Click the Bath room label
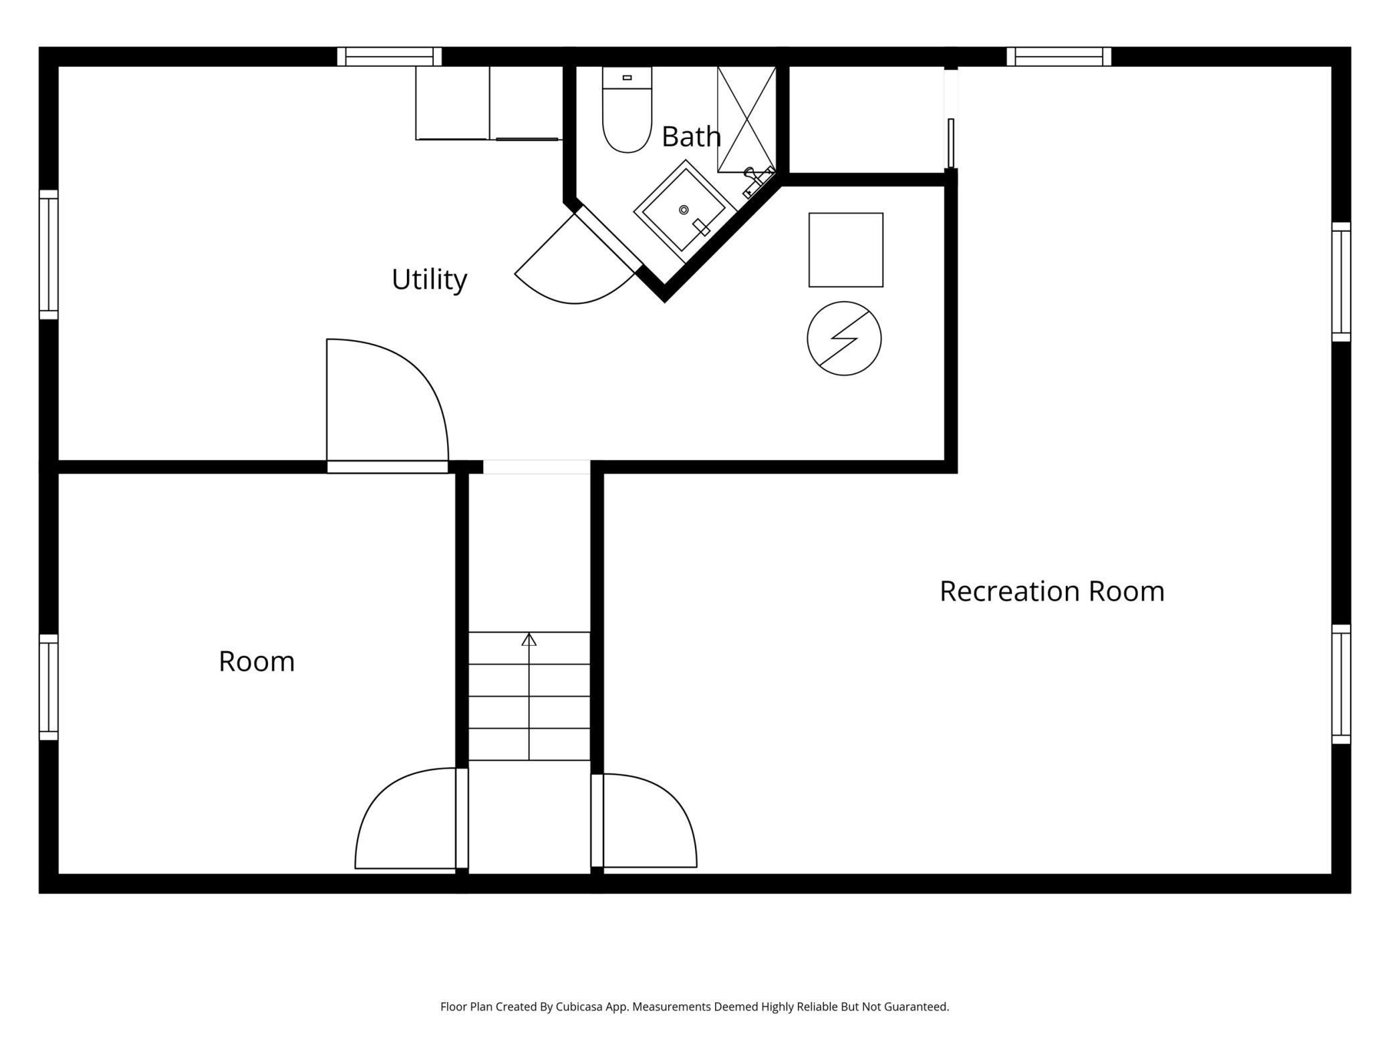(691, 136)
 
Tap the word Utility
(429, 279)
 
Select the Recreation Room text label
(1052, 591)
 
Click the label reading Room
(257, 661)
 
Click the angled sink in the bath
(685, 210)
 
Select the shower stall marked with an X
(746, 119)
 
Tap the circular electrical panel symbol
(844, 339)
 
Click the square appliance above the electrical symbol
(846, 250)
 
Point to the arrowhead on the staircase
(529, 639)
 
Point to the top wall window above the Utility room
(390, 57)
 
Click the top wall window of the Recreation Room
(1059, 57)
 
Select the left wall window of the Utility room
(49, 254)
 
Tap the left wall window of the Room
(49, 687)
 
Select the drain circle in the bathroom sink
(684, 210)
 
